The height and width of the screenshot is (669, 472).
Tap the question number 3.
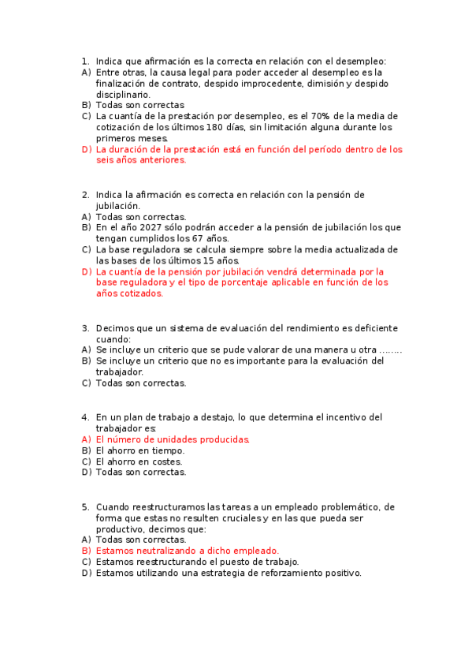[x=85, y=328]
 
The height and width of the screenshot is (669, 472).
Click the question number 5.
[x=85, y=506]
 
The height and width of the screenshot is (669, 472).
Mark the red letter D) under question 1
[x=86, y=149]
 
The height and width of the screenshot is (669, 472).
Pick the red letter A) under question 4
[x=86, y=439]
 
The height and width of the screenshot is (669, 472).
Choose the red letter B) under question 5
[x=86, y=551]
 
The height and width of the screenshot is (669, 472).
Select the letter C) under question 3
[x=86, y=383]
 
